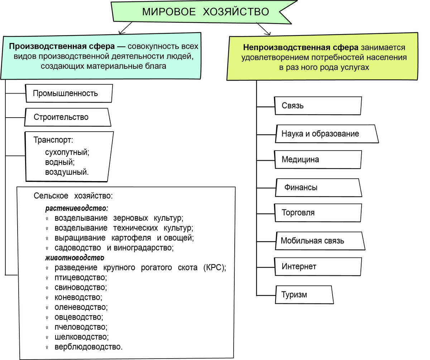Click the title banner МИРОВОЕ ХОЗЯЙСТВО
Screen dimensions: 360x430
coord(205,12)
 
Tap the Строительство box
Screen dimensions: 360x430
coord(67,117)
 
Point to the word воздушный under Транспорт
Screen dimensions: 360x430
coord(67,172)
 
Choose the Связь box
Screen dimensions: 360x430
coord(317,106)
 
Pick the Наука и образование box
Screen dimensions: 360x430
coord(326,134)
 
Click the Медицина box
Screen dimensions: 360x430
coord(317,160)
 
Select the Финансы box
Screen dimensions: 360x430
coord(317,187)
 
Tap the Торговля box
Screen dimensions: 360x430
coord(317,213)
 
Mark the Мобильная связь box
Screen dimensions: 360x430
coord(320,241)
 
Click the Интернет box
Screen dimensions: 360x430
coord(317,266)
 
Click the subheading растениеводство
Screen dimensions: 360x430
coord(77,208)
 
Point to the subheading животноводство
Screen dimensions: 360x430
coord(75,257)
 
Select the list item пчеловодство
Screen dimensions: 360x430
coord(81,327)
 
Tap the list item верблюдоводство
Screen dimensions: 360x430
coord(89,347)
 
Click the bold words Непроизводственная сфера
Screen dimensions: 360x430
coord(301,47)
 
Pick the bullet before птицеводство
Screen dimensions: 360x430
coord(47,278)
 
